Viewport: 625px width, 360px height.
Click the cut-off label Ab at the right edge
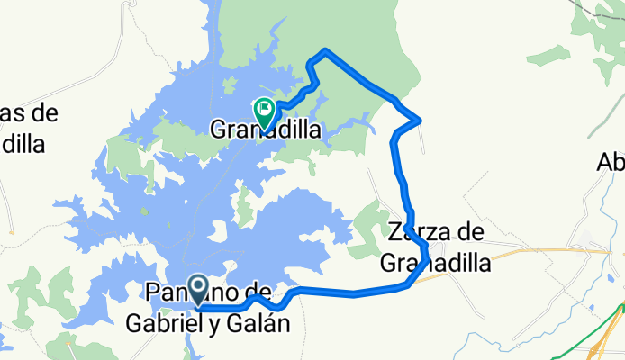click(x=611, y=163)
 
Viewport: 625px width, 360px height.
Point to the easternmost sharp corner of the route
click(x=421, y=120)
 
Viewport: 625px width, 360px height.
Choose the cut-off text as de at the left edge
click(x=27, y=114)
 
